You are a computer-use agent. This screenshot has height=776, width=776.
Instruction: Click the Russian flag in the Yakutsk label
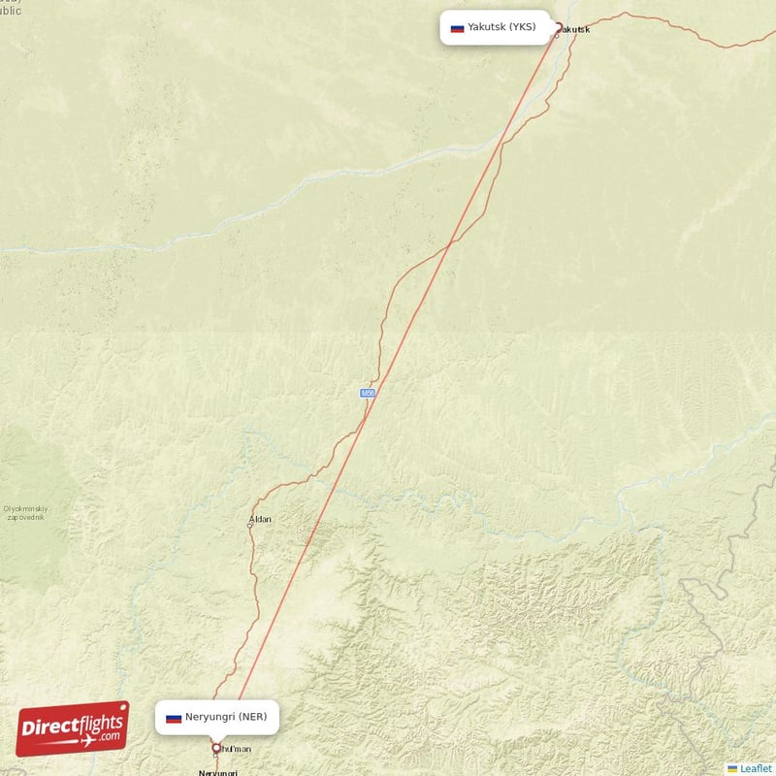[457, 28]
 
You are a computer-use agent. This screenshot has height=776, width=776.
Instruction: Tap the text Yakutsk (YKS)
[501, 27]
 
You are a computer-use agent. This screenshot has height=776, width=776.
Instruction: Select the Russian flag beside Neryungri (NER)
[174, 718]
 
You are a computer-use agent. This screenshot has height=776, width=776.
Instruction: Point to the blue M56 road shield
[368, 393]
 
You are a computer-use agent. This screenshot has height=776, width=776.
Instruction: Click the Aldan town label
[261, 519]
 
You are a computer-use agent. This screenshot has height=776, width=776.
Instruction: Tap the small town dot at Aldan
[250, 525]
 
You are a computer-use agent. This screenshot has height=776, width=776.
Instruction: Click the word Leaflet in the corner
[756, 768]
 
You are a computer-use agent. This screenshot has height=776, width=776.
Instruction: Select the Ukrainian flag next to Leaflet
[732, 768]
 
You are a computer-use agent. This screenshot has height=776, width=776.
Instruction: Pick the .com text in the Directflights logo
[110, 737]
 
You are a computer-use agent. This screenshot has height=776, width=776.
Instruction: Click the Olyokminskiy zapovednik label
[26, 513]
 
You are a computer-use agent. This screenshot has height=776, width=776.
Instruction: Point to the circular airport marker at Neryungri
[216, 749]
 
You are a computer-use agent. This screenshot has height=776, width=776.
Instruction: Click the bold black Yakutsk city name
[575, 29]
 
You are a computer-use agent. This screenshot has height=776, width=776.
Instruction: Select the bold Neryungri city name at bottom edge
[218, 772]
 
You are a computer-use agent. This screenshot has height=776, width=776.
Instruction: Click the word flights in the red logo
[97, 720]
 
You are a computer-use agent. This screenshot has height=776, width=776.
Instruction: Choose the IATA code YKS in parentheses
[523, 27]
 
